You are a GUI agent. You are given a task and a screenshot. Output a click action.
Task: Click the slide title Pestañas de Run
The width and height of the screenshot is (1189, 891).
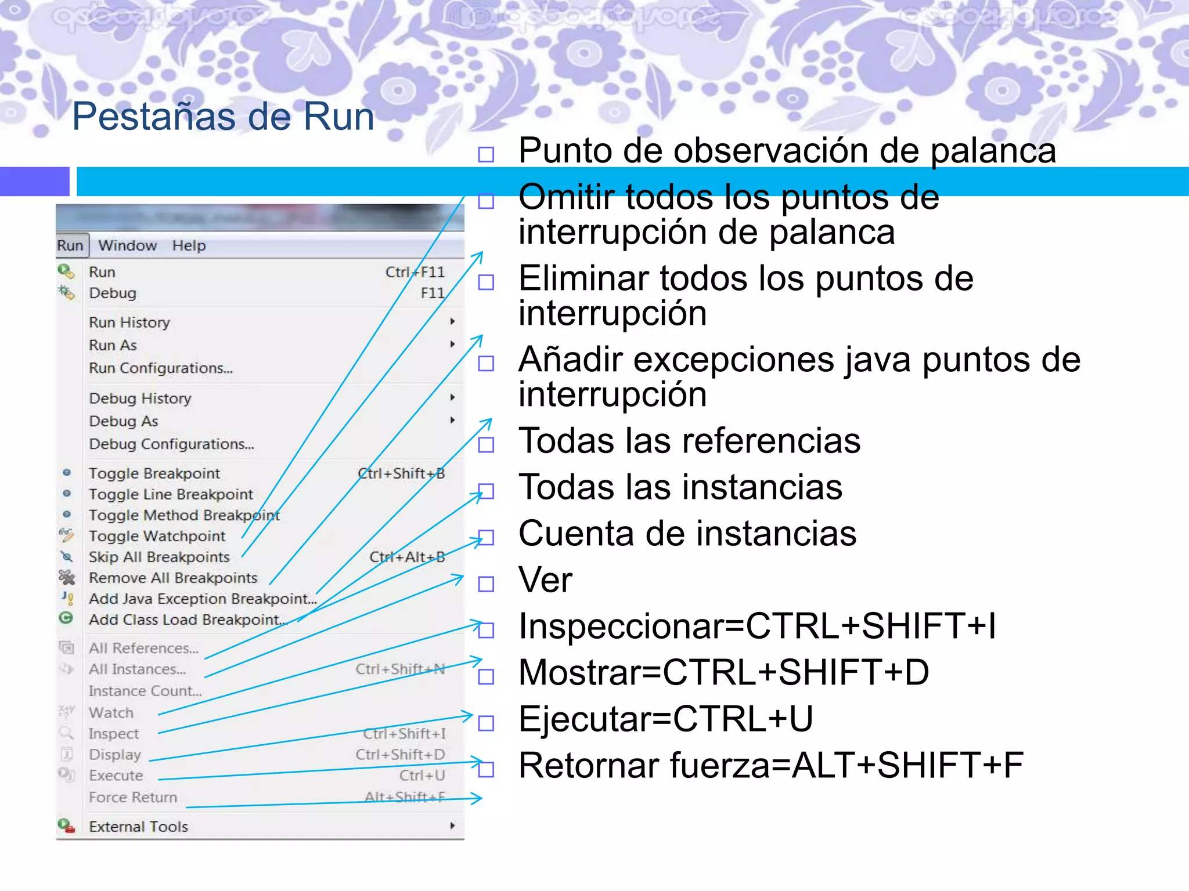pyautogui.click(x=223, y=117)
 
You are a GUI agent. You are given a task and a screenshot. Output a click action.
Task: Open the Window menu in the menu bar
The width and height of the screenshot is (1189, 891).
pyautogui.click(x=127, y=245)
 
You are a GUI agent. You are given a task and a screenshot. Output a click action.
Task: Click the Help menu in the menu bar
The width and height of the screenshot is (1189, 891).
pyautogui.click(x=189, y=245)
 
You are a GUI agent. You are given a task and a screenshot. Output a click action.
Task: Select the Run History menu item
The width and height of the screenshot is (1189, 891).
pyautogui.click(x=129, y=322)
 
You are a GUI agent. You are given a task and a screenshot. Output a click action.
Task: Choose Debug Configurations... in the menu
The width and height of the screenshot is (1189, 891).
pyautogui.click(x=171, y=444)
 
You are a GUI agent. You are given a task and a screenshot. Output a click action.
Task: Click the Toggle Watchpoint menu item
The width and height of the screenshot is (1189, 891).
pyautogui.click(x=157, y=536)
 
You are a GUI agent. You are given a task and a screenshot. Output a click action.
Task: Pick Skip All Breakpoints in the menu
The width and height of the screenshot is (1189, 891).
pyautogui.click(x=159, y=557)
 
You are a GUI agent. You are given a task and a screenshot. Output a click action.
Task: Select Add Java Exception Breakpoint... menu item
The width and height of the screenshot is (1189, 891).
pyautogui.click(x=203, y=599)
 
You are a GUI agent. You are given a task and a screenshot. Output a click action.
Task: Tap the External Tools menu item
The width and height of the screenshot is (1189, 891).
pyautogui.click(x=138, y=827)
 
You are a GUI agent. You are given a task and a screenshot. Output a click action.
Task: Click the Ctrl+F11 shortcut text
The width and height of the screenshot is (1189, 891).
pyautogui.click(x=415, y=272)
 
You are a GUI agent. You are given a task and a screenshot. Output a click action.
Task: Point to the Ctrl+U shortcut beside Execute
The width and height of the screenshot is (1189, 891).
pyautogui.click(x=421, y=776)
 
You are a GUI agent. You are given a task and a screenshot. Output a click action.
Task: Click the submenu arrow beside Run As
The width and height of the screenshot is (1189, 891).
pyautogui.click(x=452, y=345)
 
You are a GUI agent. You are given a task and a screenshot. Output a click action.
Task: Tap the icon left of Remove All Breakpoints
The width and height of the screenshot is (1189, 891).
pyautogui.click(x=67, y=577)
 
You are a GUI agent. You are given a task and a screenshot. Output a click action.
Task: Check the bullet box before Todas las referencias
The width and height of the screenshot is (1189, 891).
pyautogui.click(x=486, y=445)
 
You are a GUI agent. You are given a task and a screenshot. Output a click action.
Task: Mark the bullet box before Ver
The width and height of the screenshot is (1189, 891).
pyautogui.click(x=486, y=584)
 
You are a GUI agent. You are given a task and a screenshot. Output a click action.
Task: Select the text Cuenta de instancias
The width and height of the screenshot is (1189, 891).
pyautogui.click(x=687, y=534)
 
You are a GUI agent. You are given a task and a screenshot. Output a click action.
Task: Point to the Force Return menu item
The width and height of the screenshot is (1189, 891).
pyautogui.click(x=133, y=798)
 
